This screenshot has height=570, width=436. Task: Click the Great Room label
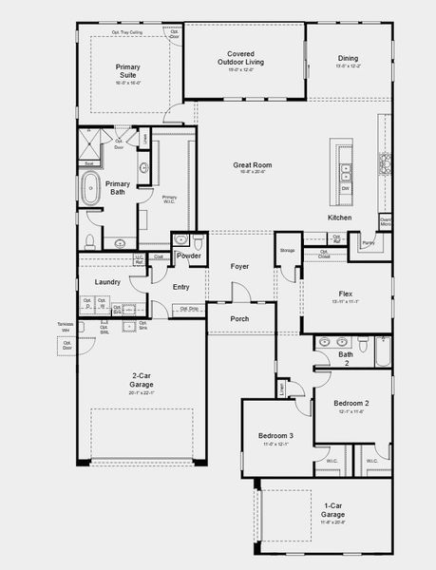[252, 165]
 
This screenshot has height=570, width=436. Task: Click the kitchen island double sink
[345, 172]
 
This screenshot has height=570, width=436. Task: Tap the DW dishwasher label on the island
[345, 188]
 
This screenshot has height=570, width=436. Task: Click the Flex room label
[346, 294]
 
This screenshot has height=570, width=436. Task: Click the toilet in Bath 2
[384, 338]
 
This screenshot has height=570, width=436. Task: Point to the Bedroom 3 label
[276, 436]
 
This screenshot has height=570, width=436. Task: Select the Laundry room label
[107, 282]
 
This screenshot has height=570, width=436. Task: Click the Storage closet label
[287, 251]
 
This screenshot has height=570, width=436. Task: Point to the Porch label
[239, 318]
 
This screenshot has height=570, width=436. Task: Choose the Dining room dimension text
[348, 66]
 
